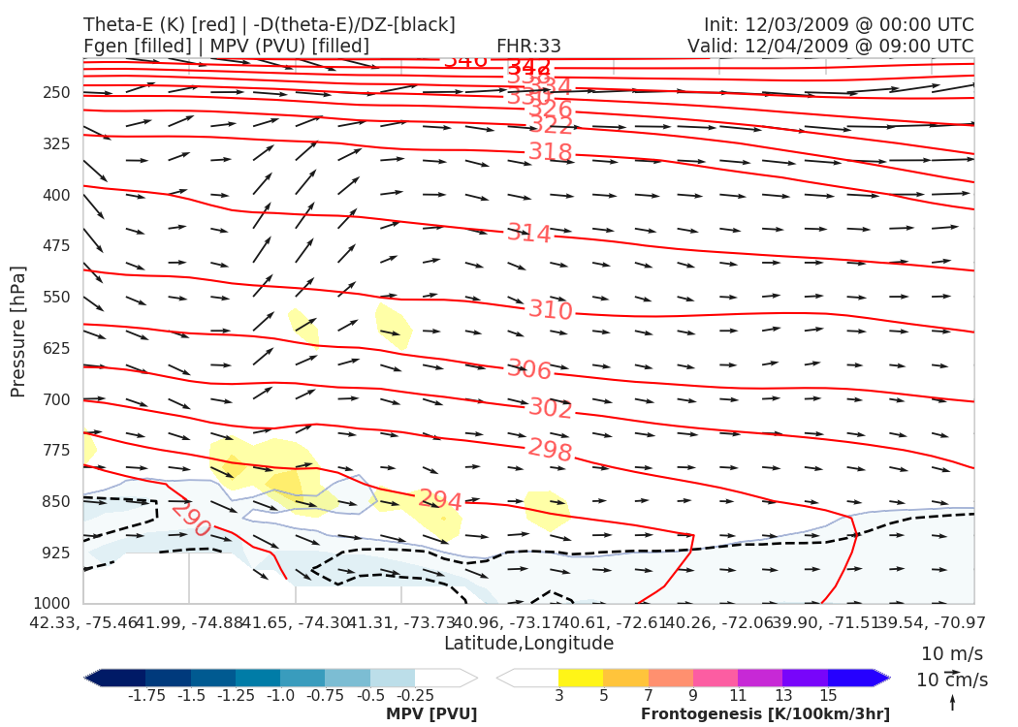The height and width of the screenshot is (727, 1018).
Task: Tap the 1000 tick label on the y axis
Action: [54, 603]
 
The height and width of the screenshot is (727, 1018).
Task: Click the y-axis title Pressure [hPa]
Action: [18, 331]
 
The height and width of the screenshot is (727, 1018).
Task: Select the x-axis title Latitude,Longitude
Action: [528, 644]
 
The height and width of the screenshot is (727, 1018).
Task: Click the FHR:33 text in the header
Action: [528, 47]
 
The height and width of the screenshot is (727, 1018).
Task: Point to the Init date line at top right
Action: [839, 25]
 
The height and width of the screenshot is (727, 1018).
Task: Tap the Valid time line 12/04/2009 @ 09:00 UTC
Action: [830, 47]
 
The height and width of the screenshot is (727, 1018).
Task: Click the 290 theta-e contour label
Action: [190, 520]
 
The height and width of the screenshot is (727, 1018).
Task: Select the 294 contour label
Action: [440, 500]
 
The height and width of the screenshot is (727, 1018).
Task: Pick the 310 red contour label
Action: [551, 310]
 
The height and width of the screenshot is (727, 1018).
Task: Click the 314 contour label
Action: [529, 234]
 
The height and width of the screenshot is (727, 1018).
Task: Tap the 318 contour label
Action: [551, 152]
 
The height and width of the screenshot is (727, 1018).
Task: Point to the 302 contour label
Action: [551, 409]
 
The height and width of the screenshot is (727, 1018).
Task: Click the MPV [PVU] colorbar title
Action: [431, 714]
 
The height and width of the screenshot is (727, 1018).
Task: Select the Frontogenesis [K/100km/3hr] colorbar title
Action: [765, 714]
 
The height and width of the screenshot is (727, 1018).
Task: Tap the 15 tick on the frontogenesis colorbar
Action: [828, 696]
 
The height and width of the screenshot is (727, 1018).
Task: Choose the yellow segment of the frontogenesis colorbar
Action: [581, 678]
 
